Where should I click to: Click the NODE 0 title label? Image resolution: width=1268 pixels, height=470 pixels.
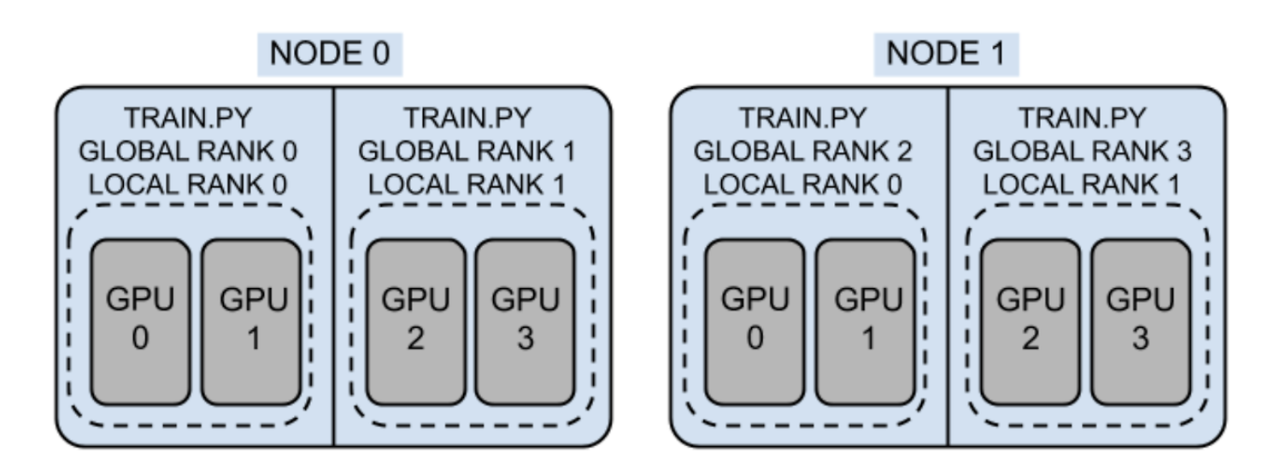click(330, 55)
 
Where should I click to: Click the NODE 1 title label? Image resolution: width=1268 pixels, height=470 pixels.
click(946, 55)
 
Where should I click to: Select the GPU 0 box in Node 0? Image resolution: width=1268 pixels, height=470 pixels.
click(140, 321)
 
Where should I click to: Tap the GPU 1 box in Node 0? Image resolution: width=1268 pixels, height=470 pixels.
click(251, 321)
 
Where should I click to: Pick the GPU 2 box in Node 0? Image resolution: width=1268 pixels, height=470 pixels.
click(415, 321)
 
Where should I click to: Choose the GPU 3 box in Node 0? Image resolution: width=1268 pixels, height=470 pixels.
click(525, 321)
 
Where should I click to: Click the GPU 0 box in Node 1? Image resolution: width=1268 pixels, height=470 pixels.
click(754, 321)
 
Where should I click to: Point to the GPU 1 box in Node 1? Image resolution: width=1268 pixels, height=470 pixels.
click(866, 321)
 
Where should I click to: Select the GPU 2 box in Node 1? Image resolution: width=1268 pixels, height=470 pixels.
click(1030, 321)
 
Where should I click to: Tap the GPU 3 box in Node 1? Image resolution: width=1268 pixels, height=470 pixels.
click(1141, 321)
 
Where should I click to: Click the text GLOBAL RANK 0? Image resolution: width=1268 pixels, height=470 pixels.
click(188, 151)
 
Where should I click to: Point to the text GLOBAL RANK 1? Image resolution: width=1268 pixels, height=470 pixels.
click(467, 151)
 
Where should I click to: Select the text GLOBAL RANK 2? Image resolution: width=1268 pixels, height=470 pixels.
click(802, 151)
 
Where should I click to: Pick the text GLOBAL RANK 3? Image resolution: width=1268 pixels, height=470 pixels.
click(1083, 151)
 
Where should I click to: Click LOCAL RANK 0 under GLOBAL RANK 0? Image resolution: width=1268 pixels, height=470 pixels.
click(188, 185)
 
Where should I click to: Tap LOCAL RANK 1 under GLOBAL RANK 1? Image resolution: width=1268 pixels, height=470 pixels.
click(467, 185)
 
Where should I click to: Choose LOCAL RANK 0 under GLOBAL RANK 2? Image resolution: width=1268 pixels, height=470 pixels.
click(802, 185)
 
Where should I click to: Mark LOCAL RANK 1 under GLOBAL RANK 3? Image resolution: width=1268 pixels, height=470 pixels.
click(1082, 185)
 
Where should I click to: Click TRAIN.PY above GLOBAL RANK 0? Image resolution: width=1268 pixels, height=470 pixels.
click(188, 118)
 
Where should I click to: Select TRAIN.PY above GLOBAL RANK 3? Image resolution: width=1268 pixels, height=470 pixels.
click(1083, 118)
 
